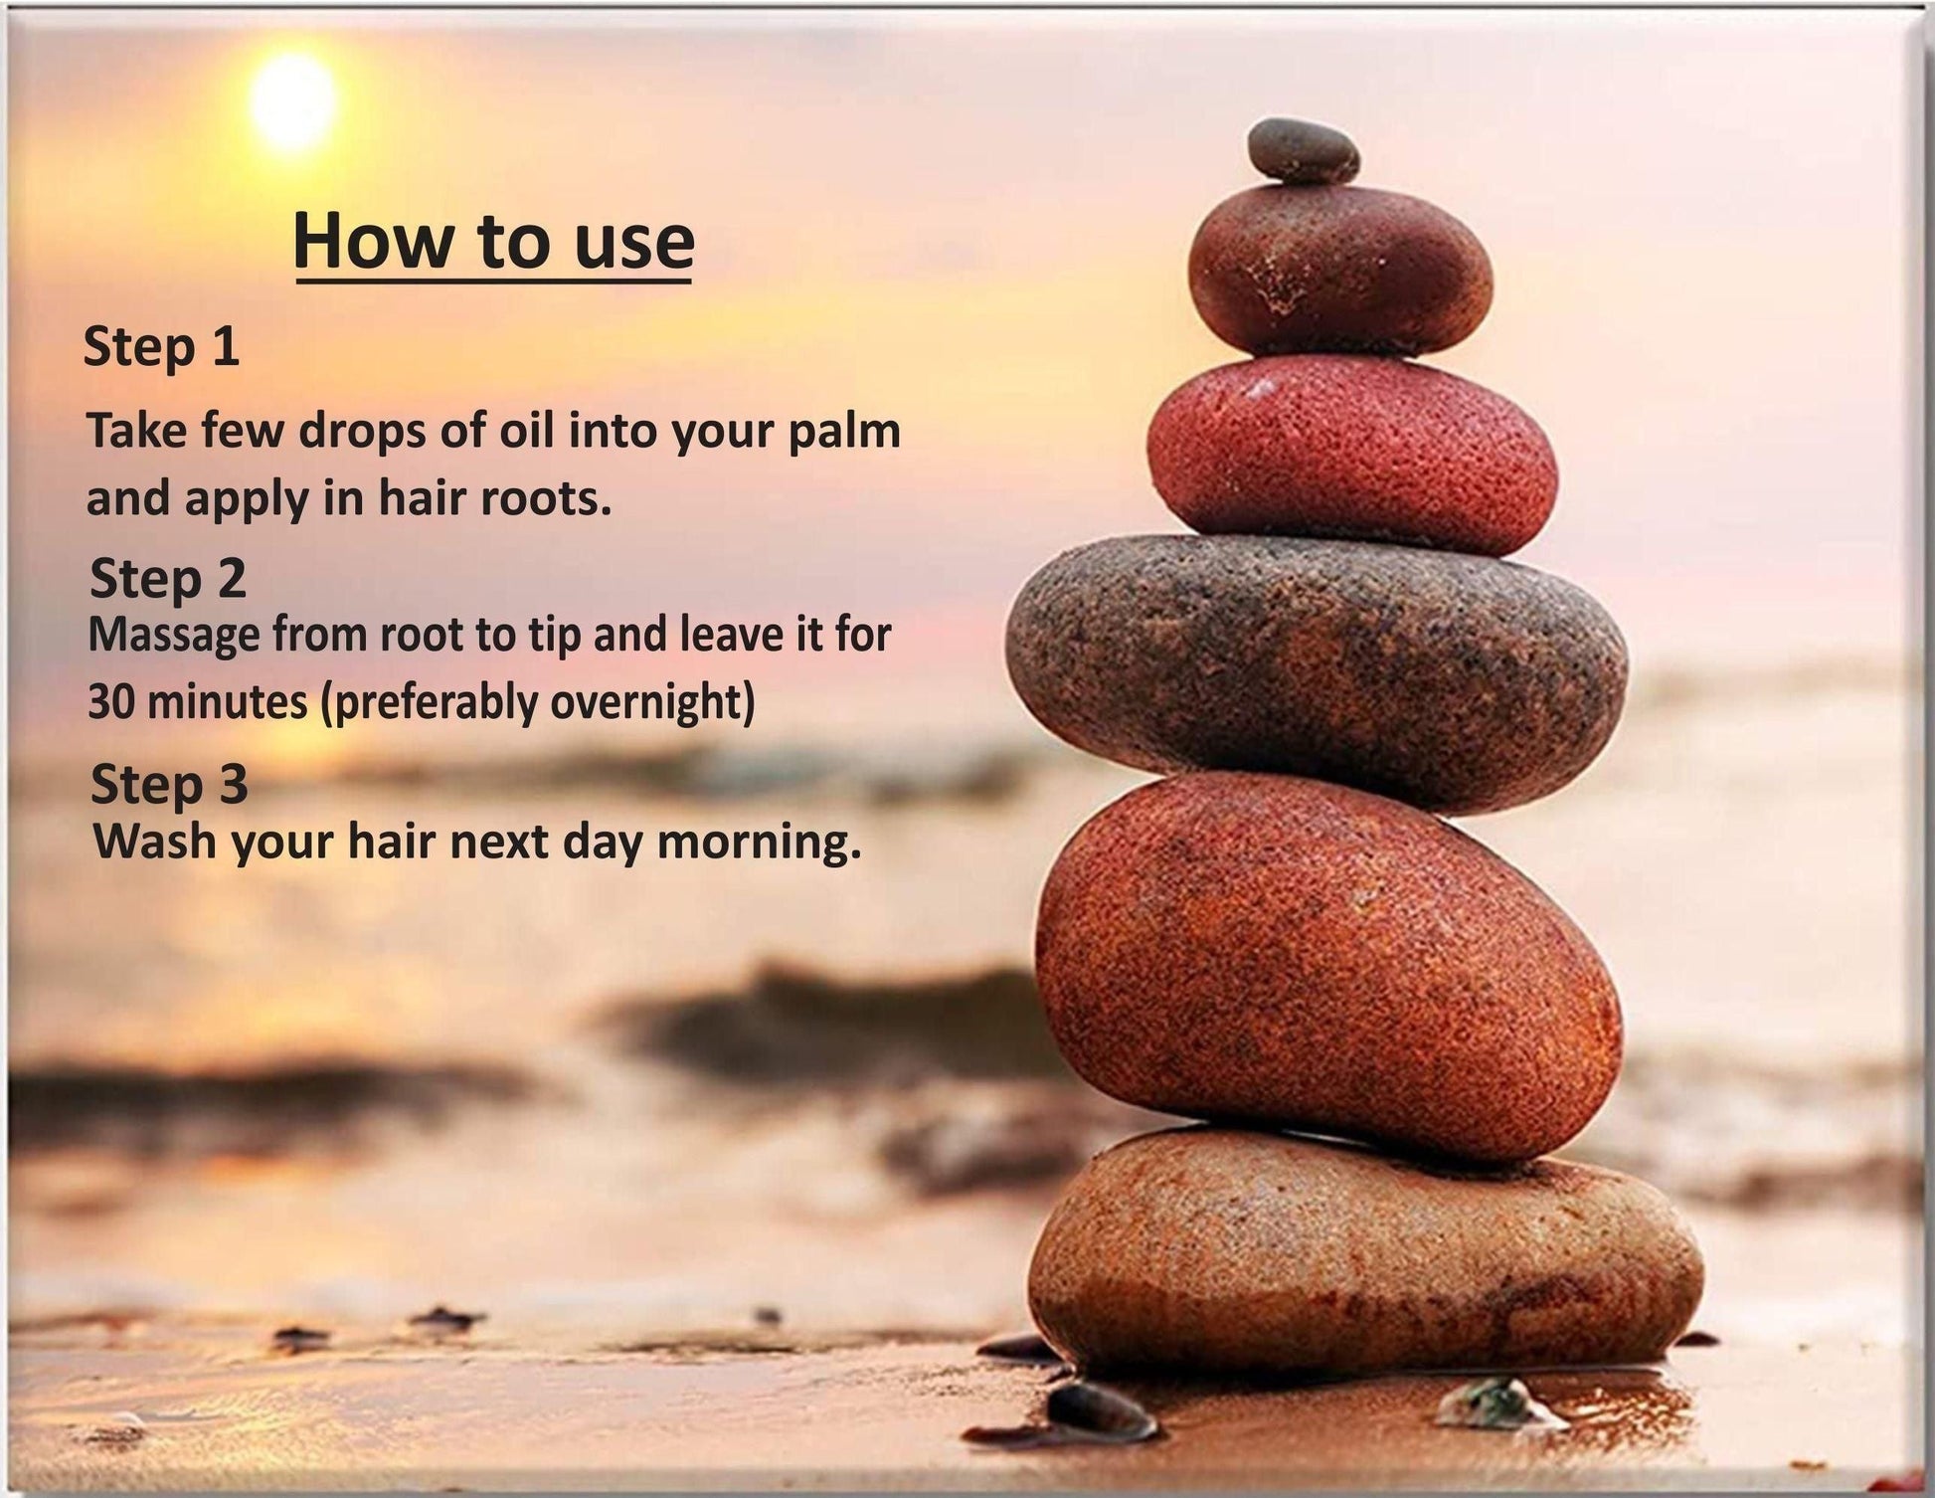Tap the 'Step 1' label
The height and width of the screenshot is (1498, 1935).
161,347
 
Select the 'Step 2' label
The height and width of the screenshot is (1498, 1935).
167,578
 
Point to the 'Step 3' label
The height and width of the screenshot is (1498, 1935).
168,785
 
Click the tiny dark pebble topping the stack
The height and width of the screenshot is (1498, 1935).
1303,151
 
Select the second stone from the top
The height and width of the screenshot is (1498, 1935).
1339,270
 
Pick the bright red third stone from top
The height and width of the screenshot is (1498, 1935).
1351,456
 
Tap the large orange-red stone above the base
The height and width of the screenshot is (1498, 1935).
1327,966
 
